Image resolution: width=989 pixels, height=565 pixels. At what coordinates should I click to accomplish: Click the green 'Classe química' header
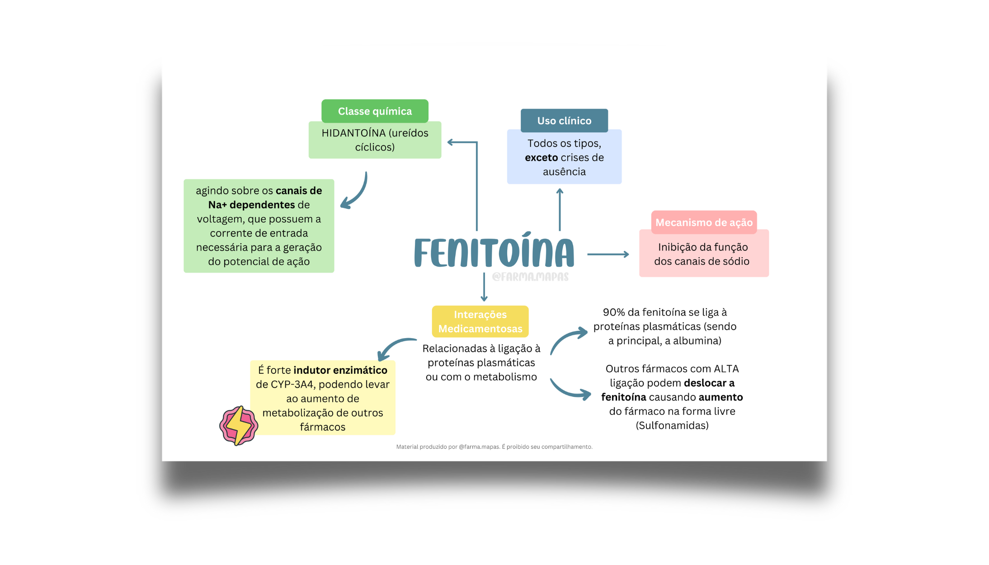375,111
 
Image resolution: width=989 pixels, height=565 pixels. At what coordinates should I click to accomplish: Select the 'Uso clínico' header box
564,121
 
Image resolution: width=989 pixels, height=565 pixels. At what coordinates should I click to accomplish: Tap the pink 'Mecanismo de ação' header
704,222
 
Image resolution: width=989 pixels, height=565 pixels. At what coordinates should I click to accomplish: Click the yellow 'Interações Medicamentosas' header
480,321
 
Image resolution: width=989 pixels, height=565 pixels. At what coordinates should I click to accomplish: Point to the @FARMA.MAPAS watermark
530,277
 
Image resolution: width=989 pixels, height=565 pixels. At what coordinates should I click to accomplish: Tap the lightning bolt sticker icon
239,426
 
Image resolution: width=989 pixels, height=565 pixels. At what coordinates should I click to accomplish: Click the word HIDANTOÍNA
353,133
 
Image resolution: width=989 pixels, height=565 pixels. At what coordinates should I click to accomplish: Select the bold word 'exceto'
541,157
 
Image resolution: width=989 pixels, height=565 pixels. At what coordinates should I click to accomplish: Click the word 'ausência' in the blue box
564,172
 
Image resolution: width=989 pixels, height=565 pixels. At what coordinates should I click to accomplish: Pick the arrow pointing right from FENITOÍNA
608,254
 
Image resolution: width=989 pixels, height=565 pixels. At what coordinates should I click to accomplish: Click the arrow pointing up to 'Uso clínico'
560,210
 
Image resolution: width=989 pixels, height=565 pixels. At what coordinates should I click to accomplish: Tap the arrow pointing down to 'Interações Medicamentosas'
484,287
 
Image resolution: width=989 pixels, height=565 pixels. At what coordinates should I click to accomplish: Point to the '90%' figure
613,312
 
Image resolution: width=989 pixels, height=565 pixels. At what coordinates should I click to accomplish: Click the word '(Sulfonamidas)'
672,425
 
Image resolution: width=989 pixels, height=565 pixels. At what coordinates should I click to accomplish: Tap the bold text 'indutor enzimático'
340,370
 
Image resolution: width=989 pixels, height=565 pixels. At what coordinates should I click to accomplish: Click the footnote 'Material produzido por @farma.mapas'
448,447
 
